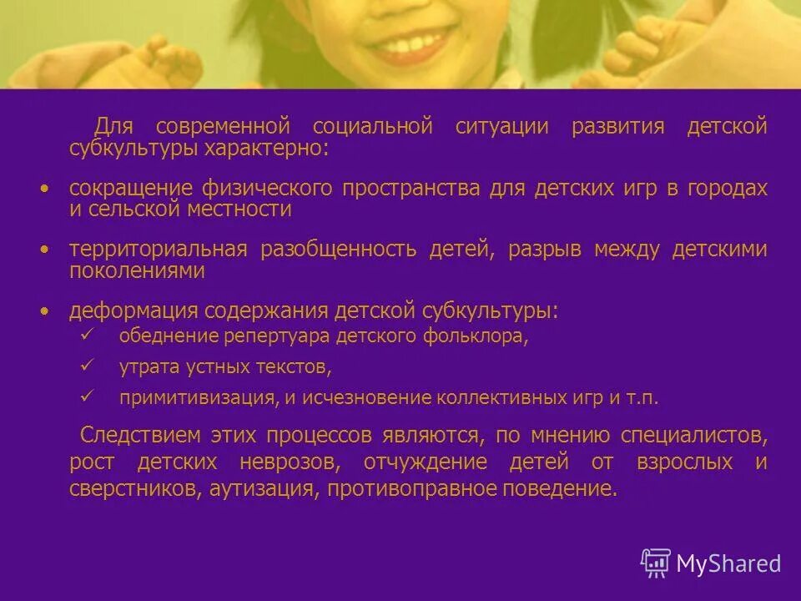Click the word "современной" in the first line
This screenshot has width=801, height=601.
223,127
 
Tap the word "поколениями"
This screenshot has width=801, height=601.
137,271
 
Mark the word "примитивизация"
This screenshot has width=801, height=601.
197,397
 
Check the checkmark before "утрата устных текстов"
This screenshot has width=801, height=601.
86,364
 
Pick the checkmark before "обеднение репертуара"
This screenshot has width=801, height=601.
86,334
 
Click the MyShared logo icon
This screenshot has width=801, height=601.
656,563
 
